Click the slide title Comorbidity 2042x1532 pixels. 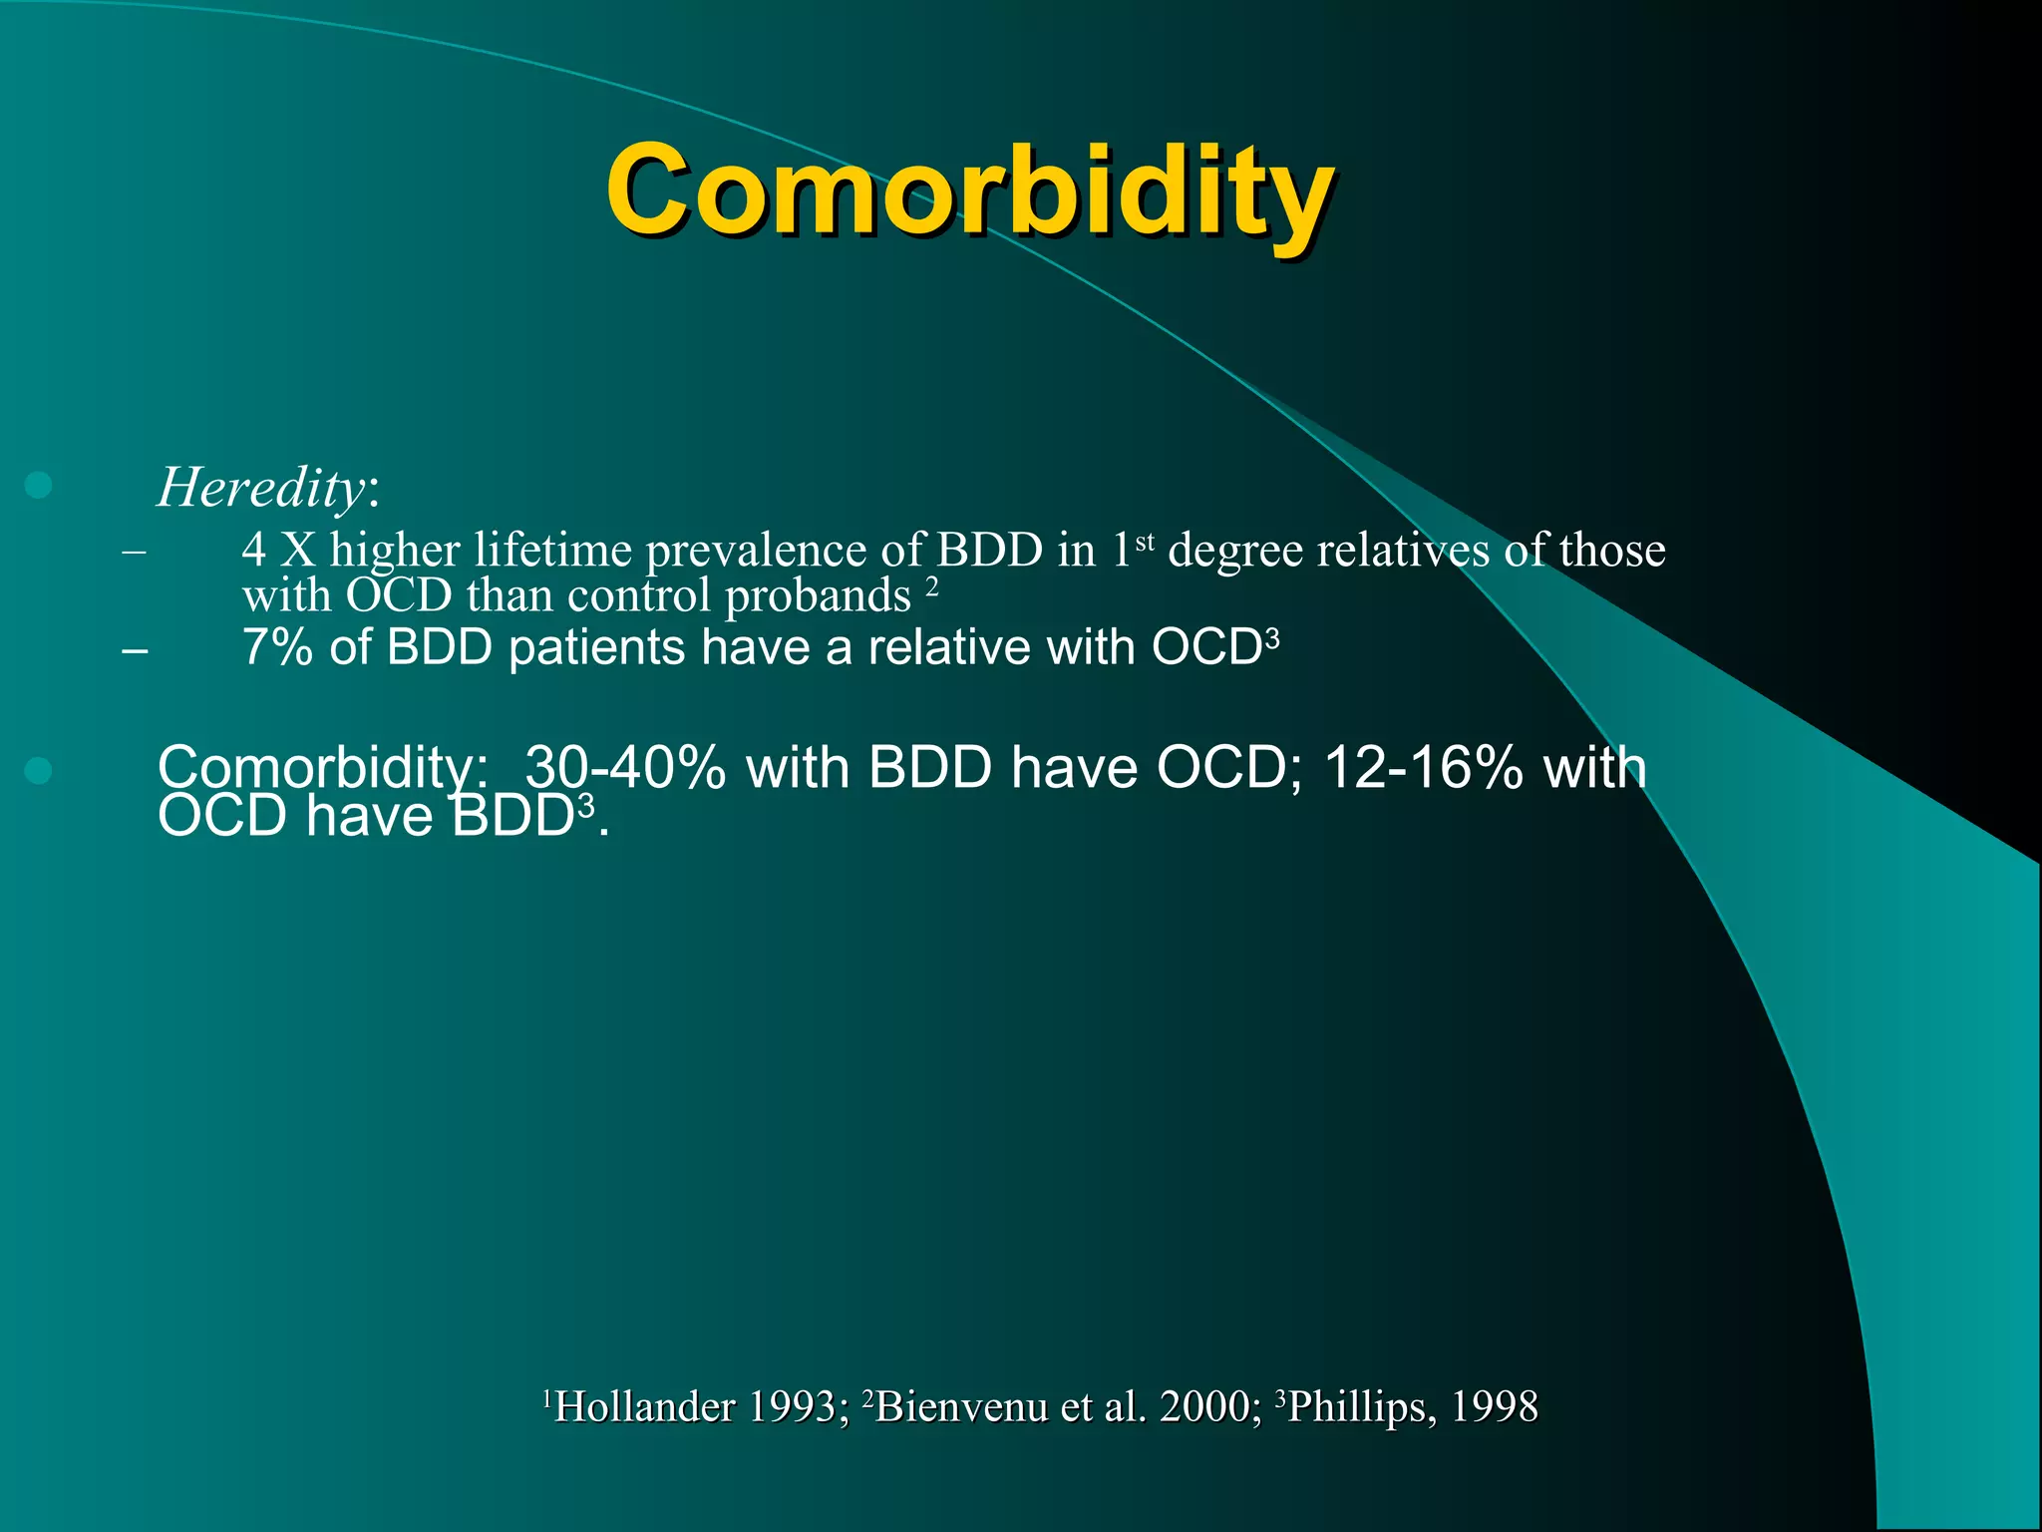point(969,190)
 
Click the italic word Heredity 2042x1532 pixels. point(261,488)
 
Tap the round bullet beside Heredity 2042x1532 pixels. point(38,486)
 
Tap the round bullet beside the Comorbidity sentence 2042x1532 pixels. point(38,770)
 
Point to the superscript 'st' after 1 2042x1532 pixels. point(1145,542)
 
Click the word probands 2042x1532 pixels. point(818,596)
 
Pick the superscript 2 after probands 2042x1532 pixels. point(931,586)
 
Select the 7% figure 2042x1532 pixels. point(277,647)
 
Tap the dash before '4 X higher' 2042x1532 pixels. point(134,551)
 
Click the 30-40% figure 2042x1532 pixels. point(625,768)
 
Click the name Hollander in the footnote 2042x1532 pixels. point(644,1407)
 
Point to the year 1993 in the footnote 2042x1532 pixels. point(792,1407)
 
